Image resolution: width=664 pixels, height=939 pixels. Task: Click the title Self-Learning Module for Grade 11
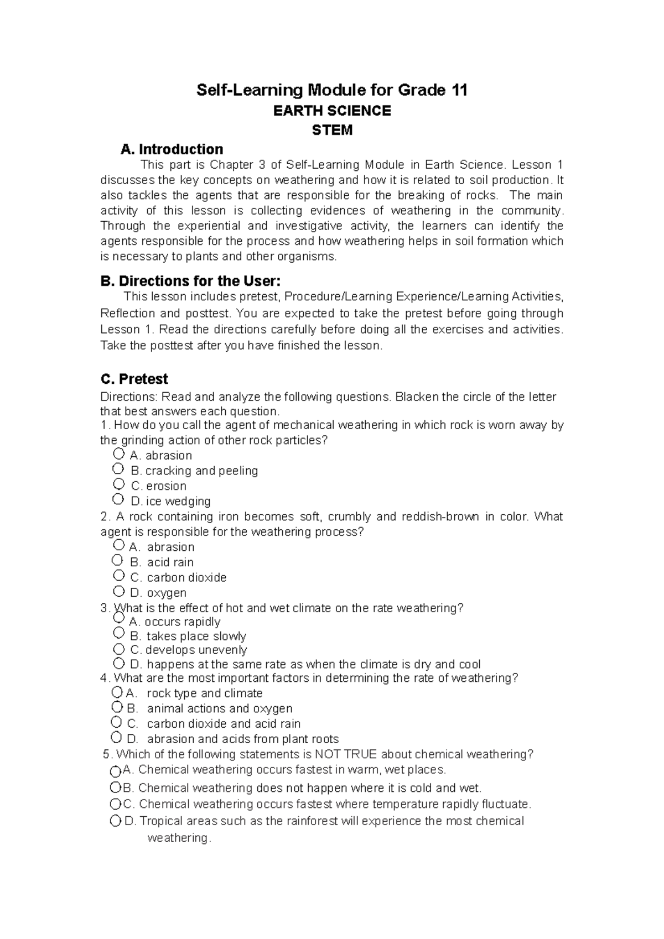332,90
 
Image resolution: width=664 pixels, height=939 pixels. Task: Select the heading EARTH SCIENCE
332,111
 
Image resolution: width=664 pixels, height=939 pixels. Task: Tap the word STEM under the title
332,131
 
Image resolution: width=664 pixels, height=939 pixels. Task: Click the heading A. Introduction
172,149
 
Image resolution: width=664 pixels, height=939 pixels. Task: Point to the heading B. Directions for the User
194,281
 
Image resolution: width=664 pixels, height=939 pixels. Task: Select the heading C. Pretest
134,379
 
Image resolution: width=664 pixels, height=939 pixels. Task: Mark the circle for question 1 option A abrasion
118,454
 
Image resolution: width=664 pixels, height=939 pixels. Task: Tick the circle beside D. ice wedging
118,499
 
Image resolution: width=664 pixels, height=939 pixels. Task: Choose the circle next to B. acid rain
118,560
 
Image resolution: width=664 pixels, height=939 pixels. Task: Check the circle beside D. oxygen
118,591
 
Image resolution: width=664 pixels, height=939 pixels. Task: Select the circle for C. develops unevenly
118,649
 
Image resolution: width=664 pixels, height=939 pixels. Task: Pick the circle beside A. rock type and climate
117,692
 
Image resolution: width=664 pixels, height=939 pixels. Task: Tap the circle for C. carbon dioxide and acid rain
116,722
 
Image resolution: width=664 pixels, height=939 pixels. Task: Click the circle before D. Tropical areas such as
115,821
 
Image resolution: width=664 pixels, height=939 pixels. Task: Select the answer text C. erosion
159,486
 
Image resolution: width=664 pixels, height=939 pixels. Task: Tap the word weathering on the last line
178,838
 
